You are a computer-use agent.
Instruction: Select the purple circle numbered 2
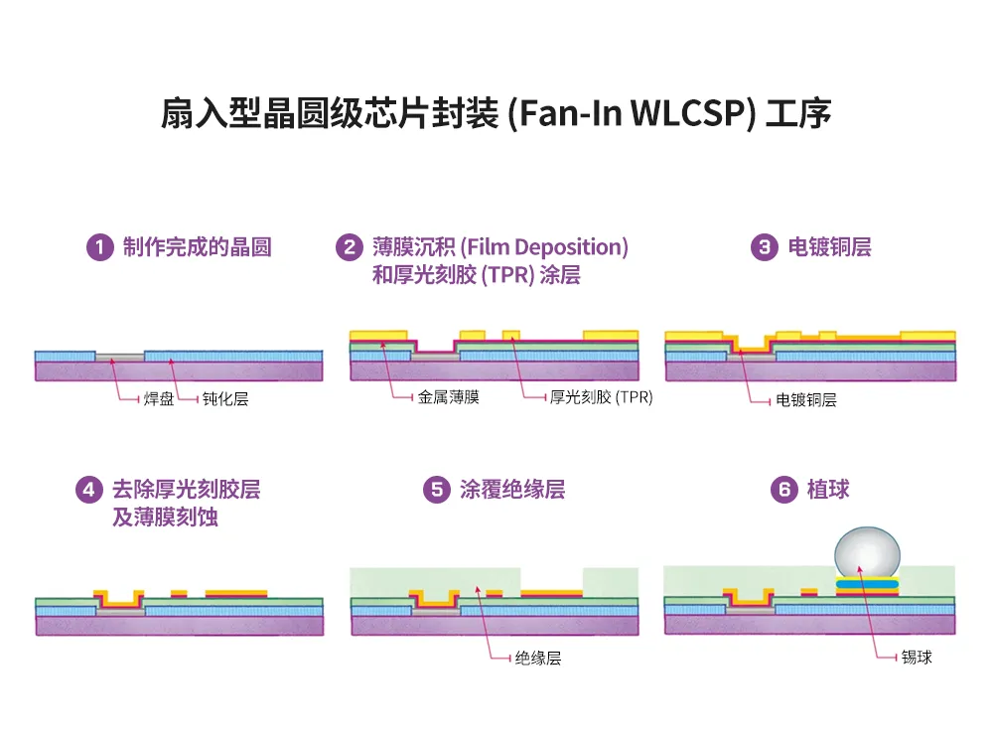pyautogui.click(x=349, y=247)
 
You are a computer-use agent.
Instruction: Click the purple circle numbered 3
pyautogui.click(x=764, y=247)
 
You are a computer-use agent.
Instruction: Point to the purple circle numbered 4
pyautogui.click(x=88, y=490)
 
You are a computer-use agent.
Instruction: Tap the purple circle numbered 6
pyautogui.click(x=784, y=490)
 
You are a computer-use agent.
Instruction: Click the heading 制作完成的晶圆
pyautogui.click(x=197, y=247)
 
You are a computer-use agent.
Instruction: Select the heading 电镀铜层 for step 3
pyautogui.click(x=829, y=247)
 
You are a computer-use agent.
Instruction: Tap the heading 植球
pyautogui.click(x=828, y=490)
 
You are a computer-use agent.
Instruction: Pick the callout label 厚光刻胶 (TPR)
pyautogui.click(x=601, y=398)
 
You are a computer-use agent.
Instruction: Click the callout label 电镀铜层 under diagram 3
pyautogui.click(x=806, y=400)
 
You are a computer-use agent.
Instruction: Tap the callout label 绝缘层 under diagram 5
pyautogui.click(x=539, y=658)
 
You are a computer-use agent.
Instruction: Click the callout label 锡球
pyautogui.click(x=917, y=658)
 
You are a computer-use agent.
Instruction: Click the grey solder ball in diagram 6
pyautogui.click(x=867, y=550)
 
